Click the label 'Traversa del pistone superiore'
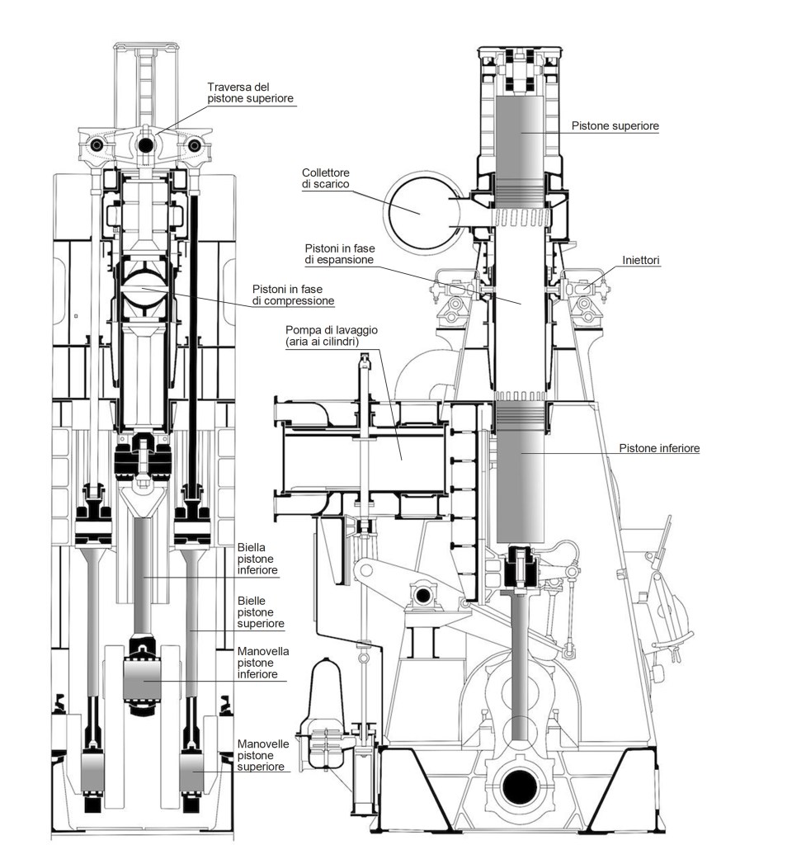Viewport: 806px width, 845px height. click(x=251, y=92)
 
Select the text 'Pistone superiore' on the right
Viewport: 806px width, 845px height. click(x=615, y=126)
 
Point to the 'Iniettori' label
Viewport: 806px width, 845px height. click(x=642, y=260)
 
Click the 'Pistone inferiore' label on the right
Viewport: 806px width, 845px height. click(x=659, y=448)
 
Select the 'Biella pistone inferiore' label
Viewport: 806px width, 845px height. click(x=257, y=558)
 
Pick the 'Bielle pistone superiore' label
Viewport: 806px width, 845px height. click(x=257, y=612)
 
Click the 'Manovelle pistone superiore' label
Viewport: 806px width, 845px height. click(x=262, y=754)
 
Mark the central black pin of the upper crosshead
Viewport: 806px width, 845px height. click(x=147, y=145)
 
